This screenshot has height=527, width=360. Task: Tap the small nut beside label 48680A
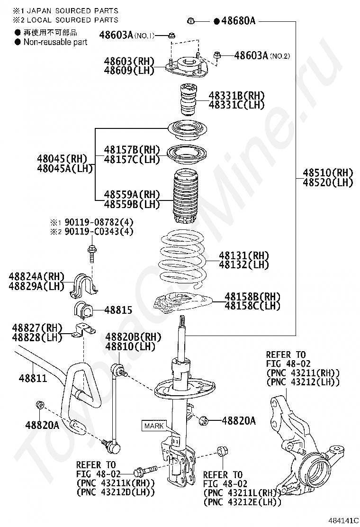tap(191, 21)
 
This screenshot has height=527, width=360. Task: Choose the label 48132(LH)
tap(243, 265)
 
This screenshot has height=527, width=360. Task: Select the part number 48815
tap(118, 311)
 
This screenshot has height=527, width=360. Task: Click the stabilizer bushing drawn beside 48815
tap(83, 310)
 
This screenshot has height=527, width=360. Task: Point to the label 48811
tap(33, 378)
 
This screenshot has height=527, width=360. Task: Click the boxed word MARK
tap(154, 426)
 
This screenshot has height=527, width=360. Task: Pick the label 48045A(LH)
tap(65, 168)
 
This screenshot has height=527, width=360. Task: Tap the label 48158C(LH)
tap(252, 306)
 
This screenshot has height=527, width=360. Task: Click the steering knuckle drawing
tap(303, 445)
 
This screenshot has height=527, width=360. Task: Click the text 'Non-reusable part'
tap(55, 42)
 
